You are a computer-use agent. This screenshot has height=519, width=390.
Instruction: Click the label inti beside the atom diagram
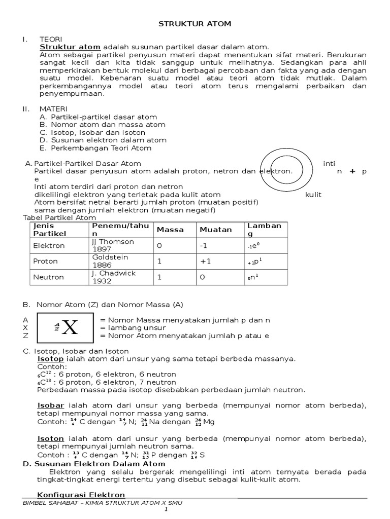(x=329, y=163)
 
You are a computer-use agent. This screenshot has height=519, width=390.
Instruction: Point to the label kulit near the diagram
(x=313, y=195)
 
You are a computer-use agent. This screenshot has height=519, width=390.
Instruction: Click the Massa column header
(x=170, y=230)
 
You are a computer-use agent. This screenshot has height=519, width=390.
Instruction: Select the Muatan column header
(x=215, y=230)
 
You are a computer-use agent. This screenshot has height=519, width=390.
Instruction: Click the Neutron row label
(x=48, y=277)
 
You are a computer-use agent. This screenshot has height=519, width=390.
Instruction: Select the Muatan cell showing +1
(x=206, y=261)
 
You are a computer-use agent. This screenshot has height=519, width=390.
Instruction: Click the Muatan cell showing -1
(x=204, y=245)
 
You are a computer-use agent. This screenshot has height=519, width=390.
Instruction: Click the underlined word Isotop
(x=51, y=359)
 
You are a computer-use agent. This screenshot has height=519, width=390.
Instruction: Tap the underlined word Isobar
(x=51, y=405)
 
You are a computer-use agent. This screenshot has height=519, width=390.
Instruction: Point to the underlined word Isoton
(x=51, y=438)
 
